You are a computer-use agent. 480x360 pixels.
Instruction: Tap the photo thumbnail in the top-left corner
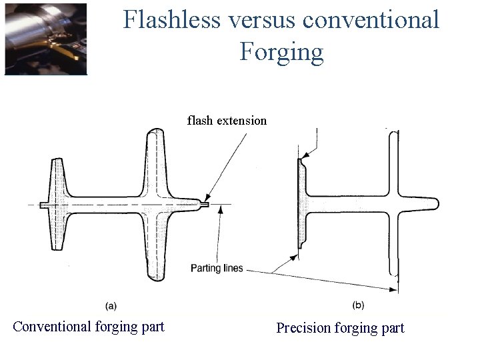tap(46, 39)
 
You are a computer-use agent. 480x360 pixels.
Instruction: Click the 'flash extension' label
tap(227, 121)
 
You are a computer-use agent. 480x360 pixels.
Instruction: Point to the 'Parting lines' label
tap(217, 269)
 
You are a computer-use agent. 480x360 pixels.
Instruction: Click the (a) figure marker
tap(111, 305)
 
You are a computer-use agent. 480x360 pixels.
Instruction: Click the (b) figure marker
tap(358, 305)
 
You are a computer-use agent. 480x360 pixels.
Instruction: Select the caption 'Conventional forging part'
tap(89, 327)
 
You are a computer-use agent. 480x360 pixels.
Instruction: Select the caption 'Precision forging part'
tap(340, 327)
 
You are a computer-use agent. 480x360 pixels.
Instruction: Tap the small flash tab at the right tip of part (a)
tap(205, 205)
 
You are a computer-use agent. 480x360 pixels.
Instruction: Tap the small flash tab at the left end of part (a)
tap(43, 205)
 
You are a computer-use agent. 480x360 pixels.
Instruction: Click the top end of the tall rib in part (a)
tap(156, 131)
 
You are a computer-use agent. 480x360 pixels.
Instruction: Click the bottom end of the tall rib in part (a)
tap(156, 276)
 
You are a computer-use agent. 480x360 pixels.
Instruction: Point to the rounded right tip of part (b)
tap(435, 203)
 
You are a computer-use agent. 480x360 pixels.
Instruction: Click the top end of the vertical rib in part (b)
tap(392, 133)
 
